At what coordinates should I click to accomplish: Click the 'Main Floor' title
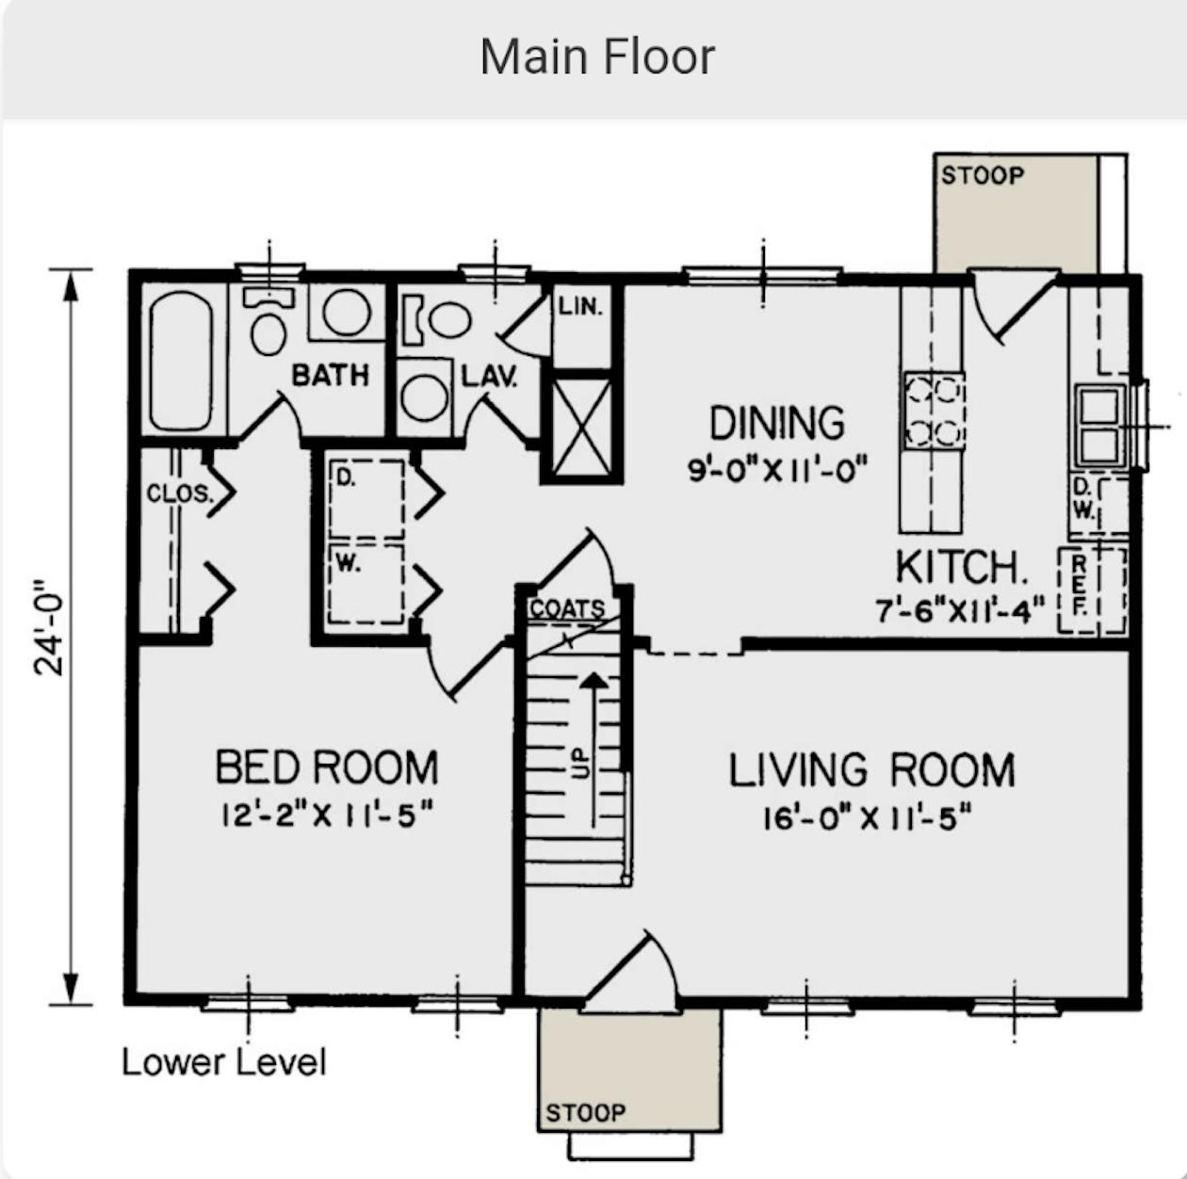(597, 57)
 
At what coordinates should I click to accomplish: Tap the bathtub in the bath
(181, 361)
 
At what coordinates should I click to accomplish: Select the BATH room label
(330, 375)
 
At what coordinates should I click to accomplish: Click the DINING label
(777, 423)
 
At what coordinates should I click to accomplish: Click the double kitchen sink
(1100, 426)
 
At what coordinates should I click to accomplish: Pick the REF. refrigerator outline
(1092, 590)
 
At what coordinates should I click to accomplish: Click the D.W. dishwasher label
(1083, 499)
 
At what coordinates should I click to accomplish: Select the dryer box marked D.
(366, 499)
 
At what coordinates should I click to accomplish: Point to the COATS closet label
(567, 608)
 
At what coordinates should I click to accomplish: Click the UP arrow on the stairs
(593, 750)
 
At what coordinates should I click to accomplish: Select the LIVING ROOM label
(871, 770)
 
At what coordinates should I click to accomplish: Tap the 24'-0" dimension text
(49, 628)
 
